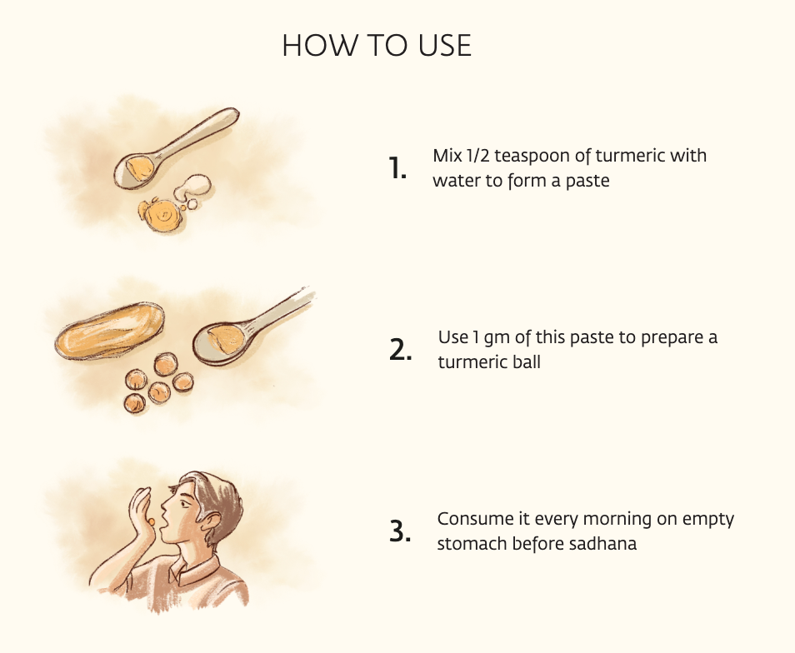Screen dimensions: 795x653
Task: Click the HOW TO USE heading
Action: point(377,46)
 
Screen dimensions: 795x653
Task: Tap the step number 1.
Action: point(397,168)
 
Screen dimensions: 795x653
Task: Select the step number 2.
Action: point(400,350)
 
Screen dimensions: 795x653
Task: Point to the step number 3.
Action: point(400,532)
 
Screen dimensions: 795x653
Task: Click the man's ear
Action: point(213,521)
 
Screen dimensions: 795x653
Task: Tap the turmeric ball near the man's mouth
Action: point(151,521)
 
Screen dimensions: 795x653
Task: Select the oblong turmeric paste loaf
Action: point(109,331)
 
